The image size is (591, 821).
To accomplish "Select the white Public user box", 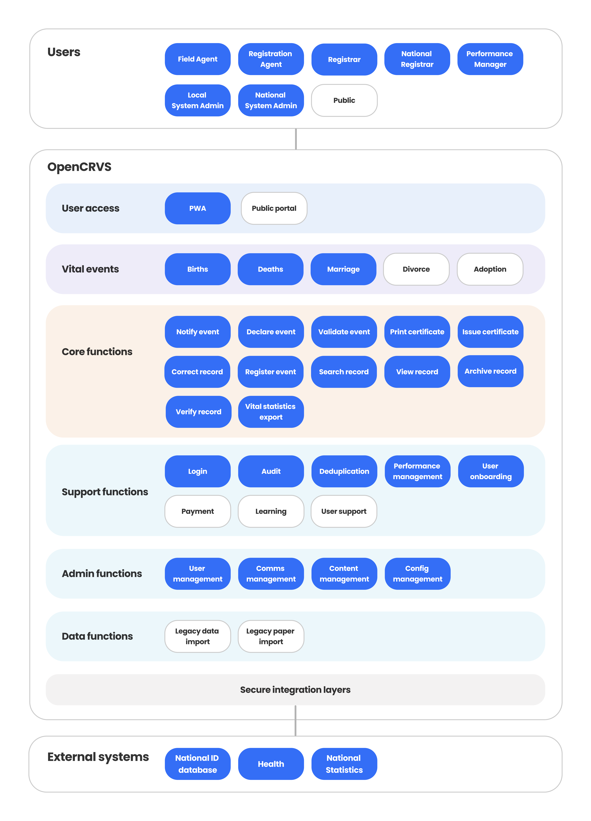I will (x=344, y=100).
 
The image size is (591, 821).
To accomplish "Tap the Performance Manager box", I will (x=490, y=59).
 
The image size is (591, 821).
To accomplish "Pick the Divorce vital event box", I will (x=416, y=269).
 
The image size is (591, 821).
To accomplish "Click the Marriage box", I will (x=343, y=269).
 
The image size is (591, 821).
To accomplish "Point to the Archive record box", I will (x=490, y=371).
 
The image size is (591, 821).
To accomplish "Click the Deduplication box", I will (x=344, y=471).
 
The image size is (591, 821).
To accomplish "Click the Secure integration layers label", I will (x=295, y=690).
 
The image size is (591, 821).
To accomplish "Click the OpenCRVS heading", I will (x=79, y=167).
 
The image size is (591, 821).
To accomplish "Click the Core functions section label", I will (x=97, y=352).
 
